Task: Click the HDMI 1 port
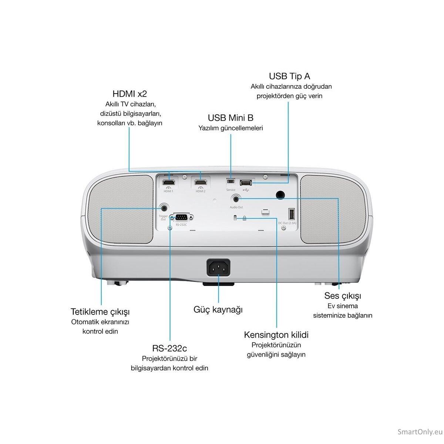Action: [x=169, y=182]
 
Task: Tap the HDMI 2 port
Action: [x=201, y=182]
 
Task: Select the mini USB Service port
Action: [x=231, y=181]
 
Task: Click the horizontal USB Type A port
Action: [x=246, y=183]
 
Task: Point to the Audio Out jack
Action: [x=236, y=198]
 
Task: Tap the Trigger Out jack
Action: [x=164, y=208]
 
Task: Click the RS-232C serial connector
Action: [x=181, y=217]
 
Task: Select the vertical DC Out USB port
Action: [x=292, y=214]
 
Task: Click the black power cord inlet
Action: [x=218, y=268]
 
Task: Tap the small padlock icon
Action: [x=244, y=218]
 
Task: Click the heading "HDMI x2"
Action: [x=129, y=94]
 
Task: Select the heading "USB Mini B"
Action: [x=231, y=118]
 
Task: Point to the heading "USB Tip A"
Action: [x=289, y=76]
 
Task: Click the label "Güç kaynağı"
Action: [x=218, y=310]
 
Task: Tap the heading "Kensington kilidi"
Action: [x=276, y=335]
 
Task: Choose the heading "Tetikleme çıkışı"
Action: [x=100, y=312]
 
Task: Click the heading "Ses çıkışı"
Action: [x=342, y=296]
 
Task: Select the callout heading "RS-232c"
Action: [x=169, y=349]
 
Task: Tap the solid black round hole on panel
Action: [x=280, y=195]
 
